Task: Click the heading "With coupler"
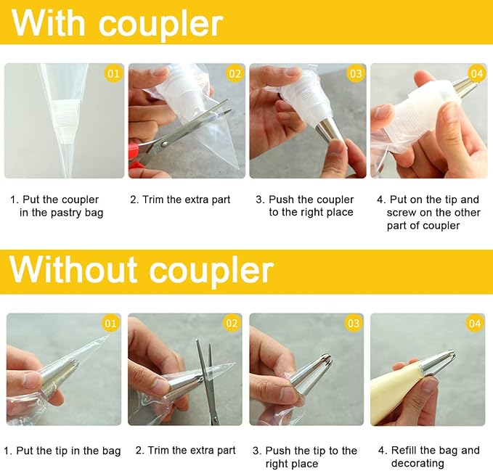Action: tap(118, 23)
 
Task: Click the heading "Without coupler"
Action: tap(142, 270)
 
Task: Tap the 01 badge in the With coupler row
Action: tap(113, 74)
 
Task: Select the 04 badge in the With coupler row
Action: tap(476, 74)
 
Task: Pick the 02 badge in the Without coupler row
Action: tap(232, 324)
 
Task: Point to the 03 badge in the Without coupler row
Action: tap(354, 324)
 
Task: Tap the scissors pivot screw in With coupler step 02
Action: tap(164, 144)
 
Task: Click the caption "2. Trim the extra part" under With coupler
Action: tap(180, 200)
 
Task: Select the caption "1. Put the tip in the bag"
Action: tap(62, 451)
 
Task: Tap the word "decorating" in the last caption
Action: tap(417, 464)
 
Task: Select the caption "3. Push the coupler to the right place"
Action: tap(305, 206)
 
